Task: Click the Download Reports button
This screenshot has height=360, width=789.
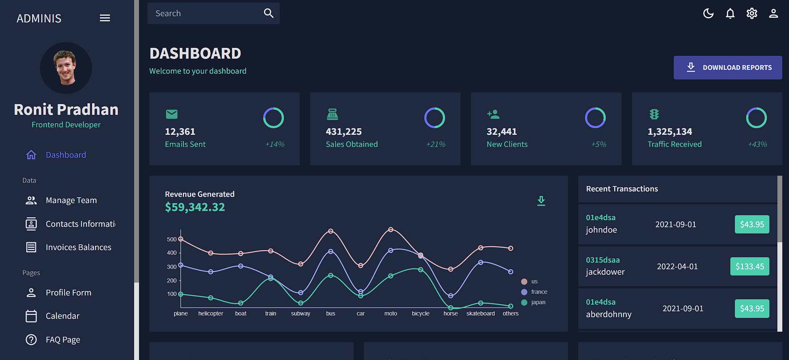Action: click(727, 67)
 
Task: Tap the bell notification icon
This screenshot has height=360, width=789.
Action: click(730, 14)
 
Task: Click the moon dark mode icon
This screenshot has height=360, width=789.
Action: click(708, 14)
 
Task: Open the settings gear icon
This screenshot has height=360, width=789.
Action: click(752, 14)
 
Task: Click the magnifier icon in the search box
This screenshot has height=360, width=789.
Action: click(269, 13)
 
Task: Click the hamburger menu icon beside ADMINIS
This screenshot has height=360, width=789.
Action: click(105, 18)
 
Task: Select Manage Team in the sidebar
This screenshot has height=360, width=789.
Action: click(71, 200)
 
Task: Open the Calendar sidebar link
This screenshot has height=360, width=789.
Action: click(62, 316)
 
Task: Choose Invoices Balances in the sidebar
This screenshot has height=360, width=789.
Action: click(78, 247)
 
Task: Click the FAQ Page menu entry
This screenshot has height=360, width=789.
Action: click(63, 340)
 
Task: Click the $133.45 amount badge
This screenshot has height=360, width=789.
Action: click(749, 266)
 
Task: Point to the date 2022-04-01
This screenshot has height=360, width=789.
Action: click(677, 266)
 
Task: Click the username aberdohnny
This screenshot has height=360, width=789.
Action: click(608, 314)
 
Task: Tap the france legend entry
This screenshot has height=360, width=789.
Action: click(539, 292)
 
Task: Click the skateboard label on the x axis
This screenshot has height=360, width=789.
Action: click(480, 313)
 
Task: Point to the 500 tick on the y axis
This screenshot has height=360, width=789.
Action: click(172, 239)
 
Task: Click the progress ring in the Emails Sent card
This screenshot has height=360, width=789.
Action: click(274, 118)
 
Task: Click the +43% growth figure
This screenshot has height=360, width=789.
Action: click(757, 144)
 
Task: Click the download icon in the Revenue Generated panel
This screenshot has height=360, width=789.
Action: click(541, 201)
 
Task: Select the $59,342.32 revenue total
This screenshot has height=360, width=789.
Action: click(195, 207)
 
